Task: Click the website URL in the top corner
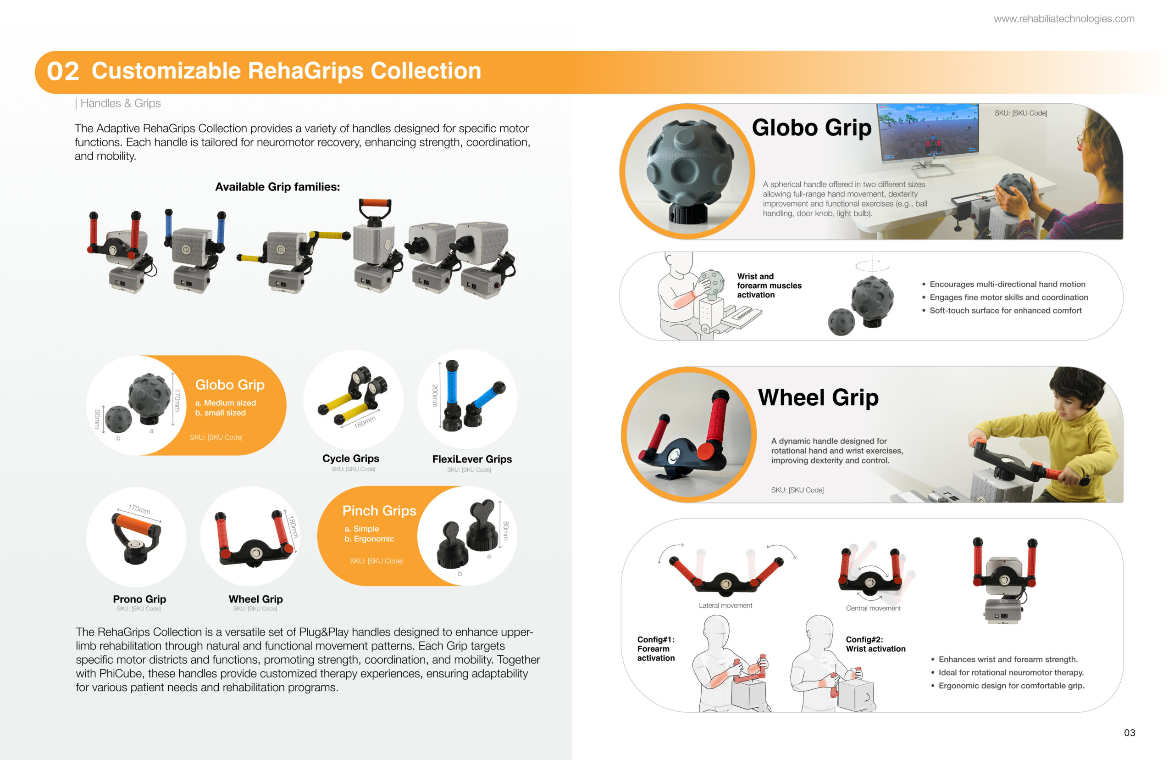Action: pos(1063,19)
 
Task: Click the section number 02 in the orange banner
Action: pos(63,72)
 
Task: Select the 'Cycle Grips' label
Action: pos(350,458)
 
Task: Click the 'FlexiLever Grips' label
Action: pos(472,459)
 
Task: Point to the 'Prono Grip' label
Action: pos(139,599)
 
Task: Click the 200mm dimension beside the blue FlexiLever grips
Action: pos(434,396)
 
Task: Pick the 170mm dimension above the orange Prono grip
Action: pos(139,509)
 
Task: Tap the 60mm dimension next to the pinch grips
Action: pos(505,531)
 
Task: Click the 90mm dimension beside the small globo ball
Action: pos(97,419)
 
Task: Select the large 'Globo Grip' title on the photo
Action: pos(812,128)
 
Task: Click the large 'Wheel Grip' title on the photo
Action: pos(818,397)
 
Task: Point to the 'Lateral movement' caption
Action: pos(725,605)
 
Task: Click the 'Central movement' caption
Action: pos(873,608)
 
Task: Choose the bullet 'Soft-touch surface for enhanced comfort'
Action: pos(1005,310)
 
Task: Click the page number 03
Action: pos(1130,733)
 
